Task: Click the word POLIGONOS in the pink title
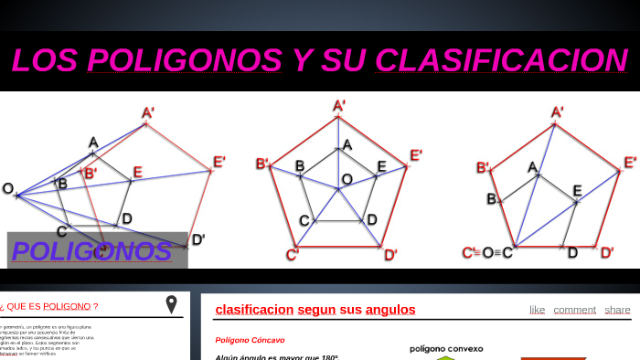tap(185, 60)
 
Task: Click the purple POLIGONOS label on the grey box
tap(91, 251)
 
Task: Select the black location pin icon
tap(171, 304)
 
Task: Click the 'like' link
tap(537, 310)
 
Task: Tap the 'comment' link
tap(574, 310)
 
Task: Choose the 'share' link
tap(617, 310)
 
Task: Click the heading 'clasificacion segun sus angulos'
tap(315, 310)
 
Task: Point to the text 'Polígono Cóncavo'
tap(250, 340)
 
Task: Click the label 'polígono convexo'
tap(446, 348)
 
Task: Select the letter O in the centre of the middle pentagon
tap(347, 179)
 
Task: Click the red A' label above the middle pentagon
tap(339, 106)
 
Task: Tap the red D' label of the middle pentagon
tap(390, 254)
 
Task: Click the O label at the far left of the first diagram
tap(8, 189)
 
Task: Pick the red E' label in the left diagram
tap(219, 163)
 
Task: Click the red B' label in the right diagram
tap(483, 167)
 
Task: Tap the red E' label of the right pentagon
tap(630, 163)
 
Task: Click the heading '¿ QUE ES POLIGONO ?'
tap(49, 306)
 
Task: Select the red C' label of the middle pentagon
tap(293, 255)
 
